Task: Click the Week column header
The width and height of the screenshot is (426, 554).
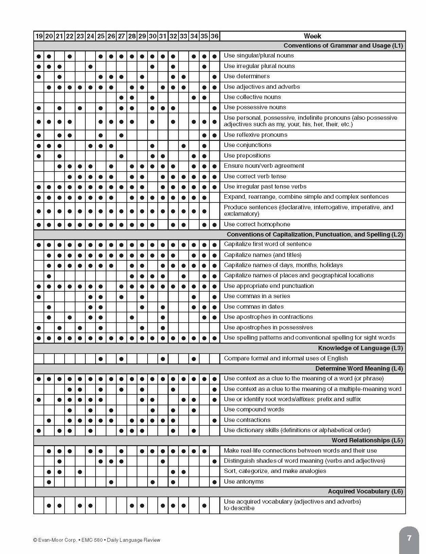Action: pyautogui.click(x=312, y=36)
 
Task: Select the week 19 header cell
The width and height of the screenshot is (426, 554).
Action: pyautogui.click(x=39, y=36)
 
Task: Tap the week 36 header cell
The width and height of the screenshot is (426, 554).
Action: pyautogui.click(x=215, y=36)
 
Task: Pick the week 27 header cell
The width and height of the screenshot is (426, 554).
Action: pyautogui.click(x=121, y=36)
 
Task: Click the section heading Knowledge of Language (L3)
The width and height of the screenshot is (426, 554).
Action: pyautogui.click(x=360, y=348)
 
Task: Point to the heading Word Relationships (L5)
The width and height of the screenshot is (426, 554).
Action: pyautogui.click(x=367, y=440)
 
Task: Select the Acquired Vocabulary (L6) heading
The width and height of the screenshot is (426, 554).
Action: pyautogui.click(x=365, y=491)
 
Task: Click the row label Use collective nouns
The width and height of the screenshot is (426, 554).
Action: pyautogui.click(x=252, y=97)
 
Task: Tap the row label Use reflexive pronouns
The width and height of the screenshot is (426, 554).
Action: pyautogui.click(x=255, y=135)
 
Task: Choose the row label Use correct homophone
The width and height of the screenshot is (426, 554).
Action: pyautogui.click(x=257, y=224)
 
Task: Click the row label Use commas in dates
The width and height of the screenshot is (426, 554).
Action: pyautogui.click(x=254, y=307)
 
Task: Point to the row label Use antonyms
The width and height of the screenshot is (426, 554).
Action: pyautogui.click(x=243, y=482)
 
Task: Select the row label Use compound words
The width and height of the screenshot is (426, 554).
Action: pyautogui.click(x=254, y=409)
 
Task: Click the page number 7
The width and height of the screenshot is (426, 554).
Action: pyautogui.click(x=409, y=538)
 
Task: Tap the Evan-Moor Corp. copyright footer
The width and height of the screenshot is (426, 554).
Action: pyautogui.click(x=97, y=540)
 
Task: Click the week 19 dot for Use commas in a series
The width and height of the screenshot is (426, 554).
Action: pyautogui.click(x=39, y=297)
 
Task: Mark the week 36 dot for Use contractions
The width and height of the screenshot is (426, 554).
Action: pyautogui.click(x=215, y=421)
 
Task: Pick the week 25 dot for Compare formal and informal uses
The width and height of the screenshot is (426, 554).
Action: pyautogui.click(x=101, y=359)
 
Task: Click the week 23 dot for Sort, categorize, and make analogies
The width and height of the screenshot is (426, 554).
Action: pyautogui.click(x=80, y=472)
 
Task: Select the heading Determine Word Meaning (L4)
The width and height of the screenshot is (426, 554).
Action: pyautogui.click(x=359, y=369)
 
